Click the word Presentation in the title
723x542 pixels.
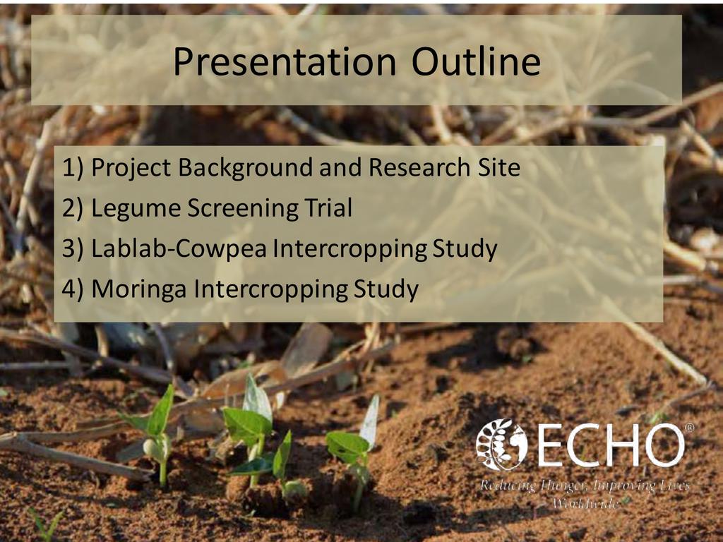click(285, 61)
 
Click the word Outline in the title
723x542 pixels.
click(476, 61)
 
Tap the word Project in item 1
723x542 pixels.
click(131, 167)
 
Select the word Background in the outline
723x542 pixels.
click(246, 167)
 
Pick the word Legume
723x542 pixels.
click(135, 208)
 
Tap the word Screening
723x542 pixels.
click(243, 208)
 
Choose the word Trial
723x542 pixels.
click(328, 207)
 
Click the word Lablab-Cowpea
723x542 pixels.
click(179, 248)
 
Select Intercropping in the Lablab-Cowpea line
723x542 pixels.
click(349, 249)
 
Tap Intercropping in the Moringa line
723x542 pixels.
click(270, 289)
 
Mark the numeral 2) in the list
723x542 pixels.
click(73, 208)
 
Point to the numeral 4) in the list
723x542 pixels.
click(73, 289)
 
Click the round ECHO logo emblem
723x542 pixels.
click(501, 445)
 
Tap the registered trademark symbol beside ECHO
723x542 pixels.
click(690, 428)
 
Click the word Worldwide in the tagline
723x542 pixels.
click(585, 502)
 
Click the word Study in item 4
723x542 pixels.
click(386, 289)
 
